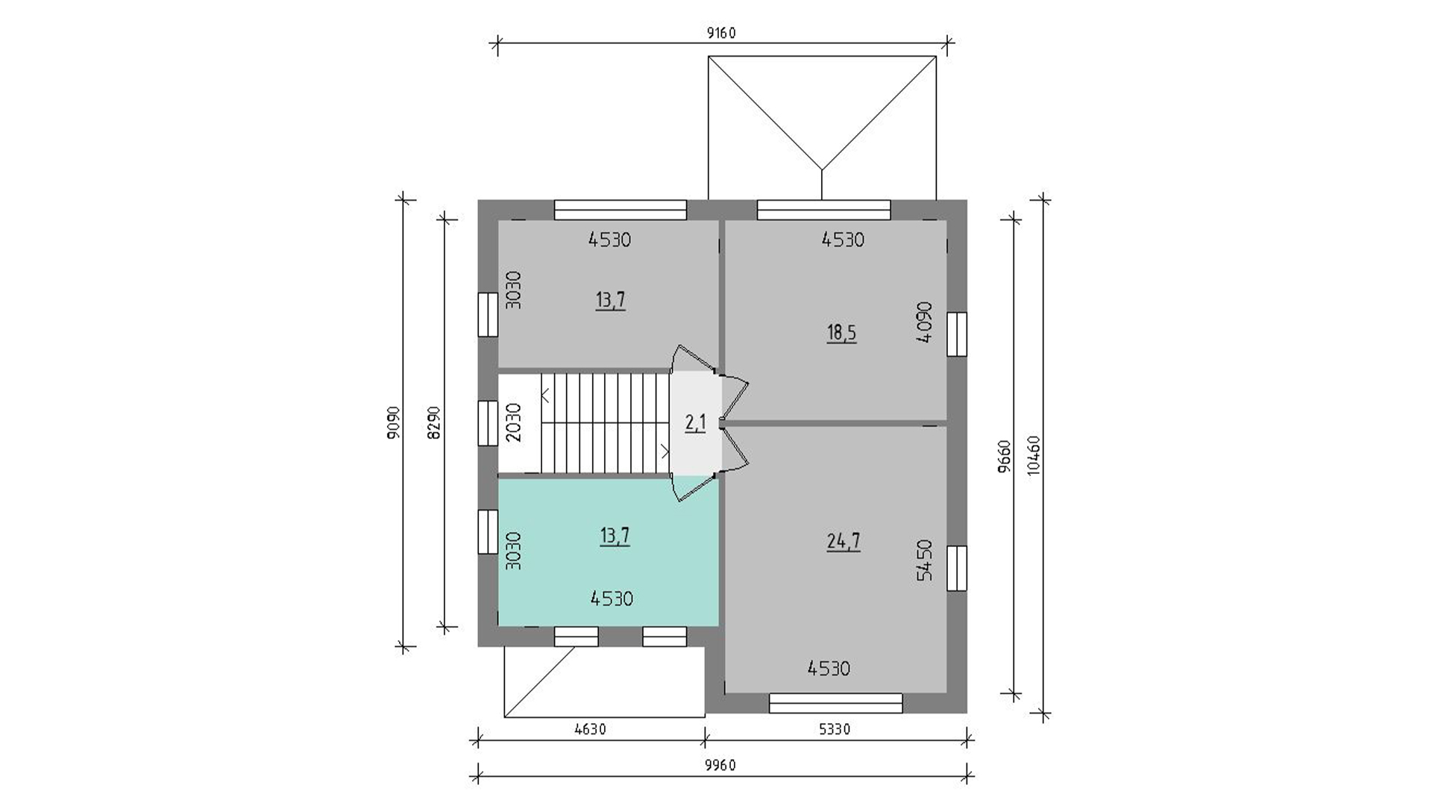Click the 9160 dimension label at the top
click(x=722, y=33)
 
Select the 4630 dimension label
click(x=590, y=729)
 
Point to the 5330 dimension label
click(x=835, y=729)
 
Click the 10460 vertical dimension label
click(x=1033, y=455)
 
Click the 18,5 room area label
click(x=841, y=333)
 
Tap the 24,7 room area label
click(x=844, y=541)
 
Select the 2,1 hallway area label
click(x=695, y=423)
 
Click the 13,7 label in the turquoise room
click(x=615, y=536)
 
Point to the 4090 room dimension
click(x=925, y=322)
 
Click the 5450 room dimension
click(x=925, y=560)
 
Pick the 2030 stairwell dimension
click(x=513, y=422)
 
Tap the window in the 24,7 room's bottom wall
click(x=836, y=703)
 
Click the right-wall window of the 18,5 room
click(x=957, y=334)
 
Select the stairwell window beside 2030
click(x=488, y=423)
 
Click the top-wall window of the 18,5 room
click(x=824, y=210)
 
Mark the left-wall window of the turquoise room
click(x=488, y=531)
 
